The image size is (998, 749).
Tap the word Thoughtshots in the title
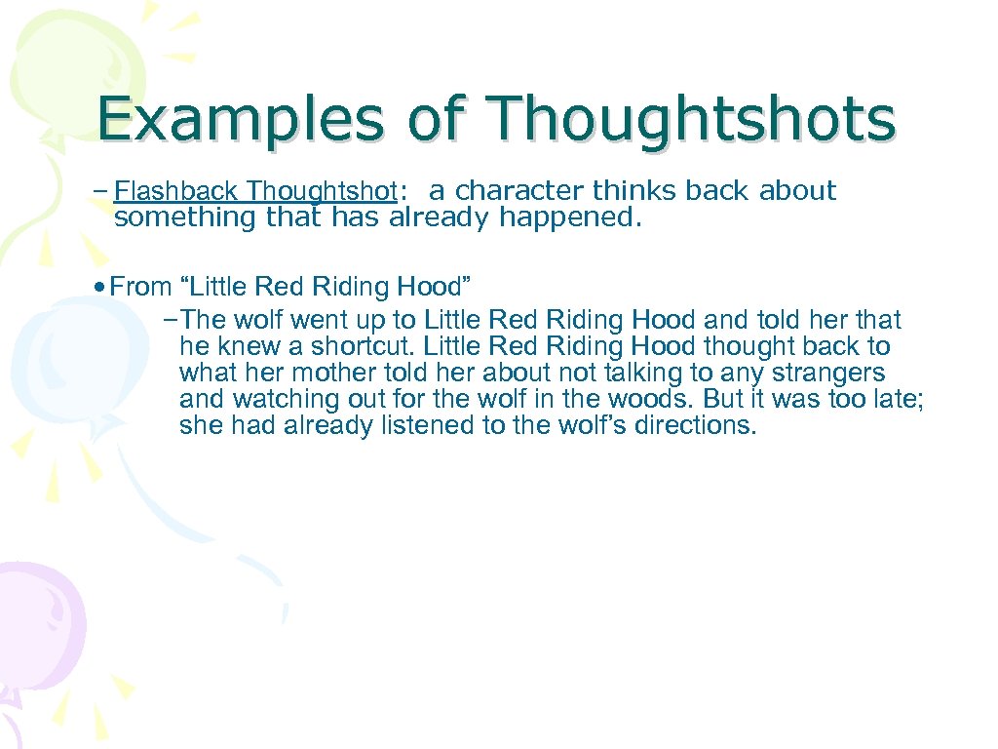tap(691, 122)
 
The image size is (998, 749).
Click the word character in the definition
tap(519, 191)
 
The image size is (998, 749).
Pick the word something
tap(186, 217)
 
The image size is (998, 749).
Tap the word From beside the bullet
tap(141, 287)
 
